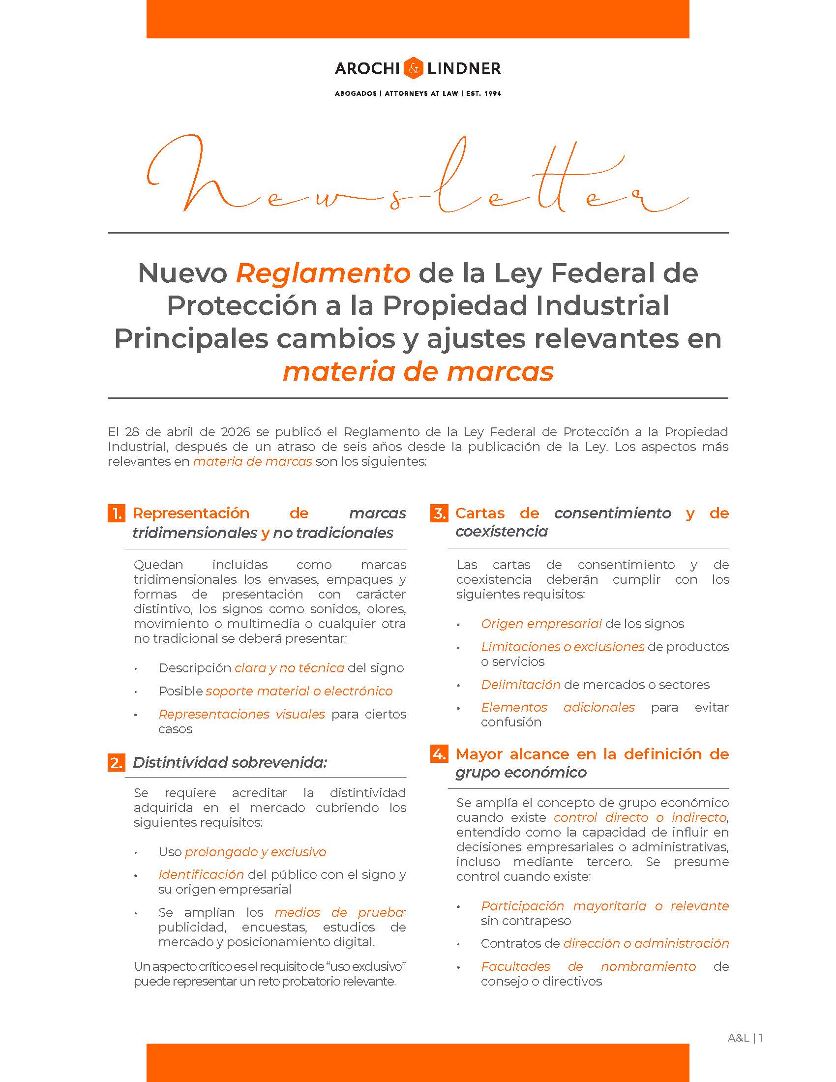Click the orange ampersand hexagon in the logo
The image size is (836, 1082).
413,68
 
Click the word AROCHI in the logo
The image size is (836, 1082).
367,68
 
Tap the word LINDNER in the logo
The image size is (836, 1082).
463,68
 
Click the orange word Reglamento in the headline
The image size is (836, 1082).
323,273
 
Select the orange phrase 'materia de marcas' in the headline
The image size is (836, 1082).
418,371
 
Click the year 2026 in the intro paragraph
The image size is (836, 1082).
235,431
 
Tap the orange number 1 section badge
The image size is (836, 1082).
116,513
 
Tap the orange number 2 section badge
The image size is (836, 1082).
116,762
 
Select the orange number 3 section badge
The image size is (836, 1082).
439,513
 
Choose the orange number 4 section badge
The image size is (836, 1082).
439,754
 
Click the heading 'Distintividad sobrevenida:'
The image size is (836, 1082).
230,762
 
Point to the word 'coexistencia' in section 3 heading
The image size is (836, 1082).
501,532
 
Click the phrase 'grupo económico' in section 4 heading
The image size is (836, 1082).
521,772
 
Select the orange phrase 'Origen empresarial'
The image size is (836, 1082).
541,624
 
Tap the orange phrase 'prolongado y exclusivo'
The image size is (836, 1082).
256,852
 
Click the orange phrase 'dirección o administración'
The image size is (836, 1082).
646,943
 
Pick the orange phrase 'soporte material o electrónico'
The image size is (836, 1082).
299,691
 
